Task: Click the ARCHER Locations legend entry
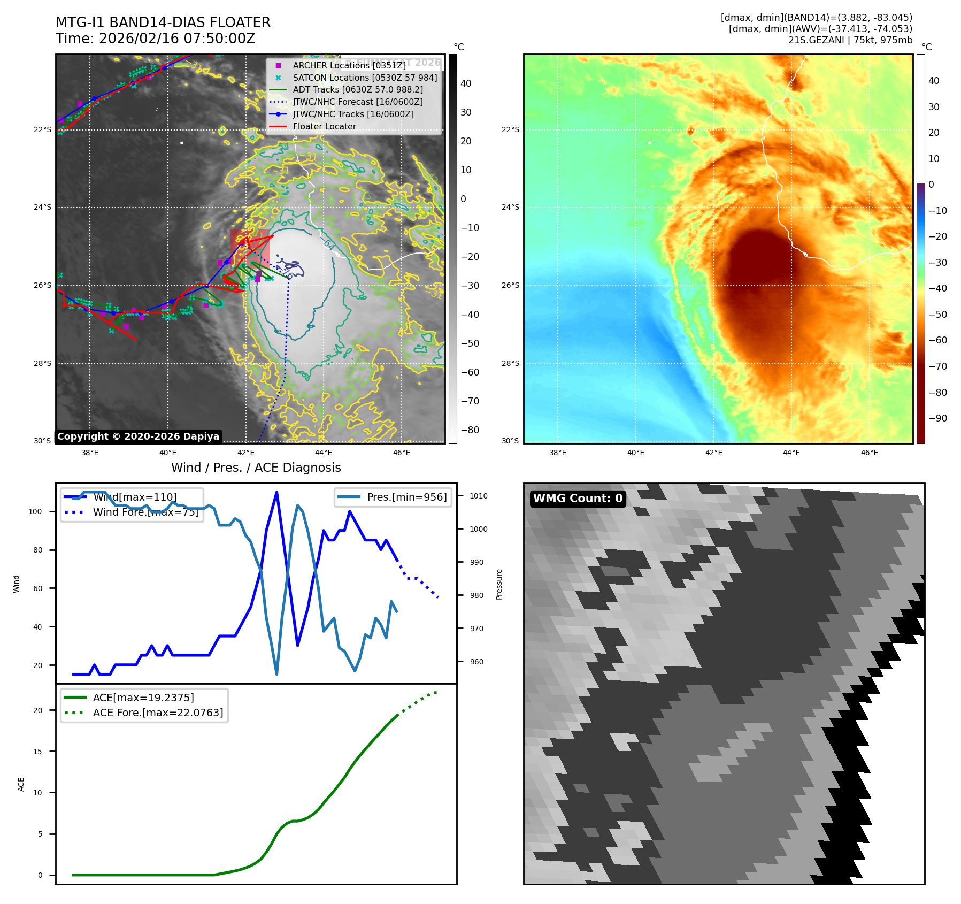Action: pos(349,65)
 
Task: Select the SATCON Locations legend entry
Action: pos(364,78)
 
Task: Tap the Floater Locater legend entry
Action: pos(324,127)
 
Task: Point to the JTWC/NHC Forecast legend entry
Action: pos(357,102)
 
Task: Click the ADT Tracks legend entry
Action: pos(357,90)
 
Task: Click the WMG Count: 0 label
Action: pos(578,499)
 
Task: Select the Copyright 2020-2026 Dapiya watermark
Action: pos(138,436)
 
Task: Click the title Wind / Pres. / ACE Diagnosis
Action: pos(256,468)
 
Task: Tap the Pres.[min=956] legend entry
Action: pos(406,497)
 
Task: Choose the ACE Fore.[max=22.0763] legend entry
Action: pos(158,713)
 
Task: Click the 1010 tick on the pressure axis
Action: pos(479,496)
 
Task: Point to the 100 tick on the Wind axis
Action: pos(35,511)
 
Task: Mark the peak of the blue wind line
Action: pos(276,492)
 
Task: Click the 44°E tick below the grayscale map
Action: pos(324,453)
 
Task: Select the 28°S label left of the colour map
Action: pos(510,363)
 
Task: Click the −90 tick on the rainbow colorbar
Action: pos(937,418)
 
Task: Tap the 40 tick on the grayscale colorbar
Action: pos(466,83)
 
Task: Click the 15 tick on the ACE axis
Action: pos(37,752)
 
